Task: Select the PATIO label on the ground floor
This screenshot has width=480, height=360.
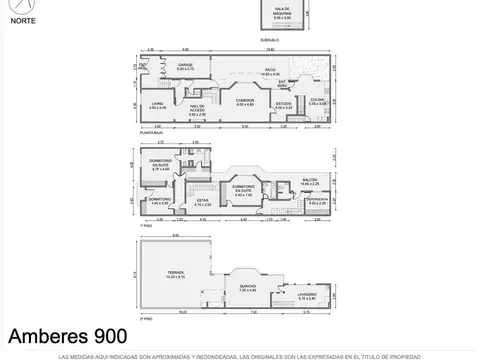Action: (270, 70)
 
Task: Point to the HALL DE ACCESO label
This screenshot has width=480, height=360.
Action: (197, 109)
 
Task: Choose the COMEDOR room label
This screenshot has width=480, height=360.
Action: (245, 101)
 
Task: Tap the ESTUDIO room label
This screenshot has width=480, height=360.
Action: (284, 104)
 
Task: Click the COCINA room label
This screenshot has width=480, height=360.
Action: (318, 102)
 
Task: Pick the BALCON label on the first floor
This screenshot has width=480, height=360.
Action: (308, 181)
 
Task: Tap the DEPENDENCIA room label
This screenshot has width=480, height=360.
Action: (317, 199)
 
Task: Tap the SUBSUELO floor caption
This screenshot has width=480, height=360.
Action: (268, 40)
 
